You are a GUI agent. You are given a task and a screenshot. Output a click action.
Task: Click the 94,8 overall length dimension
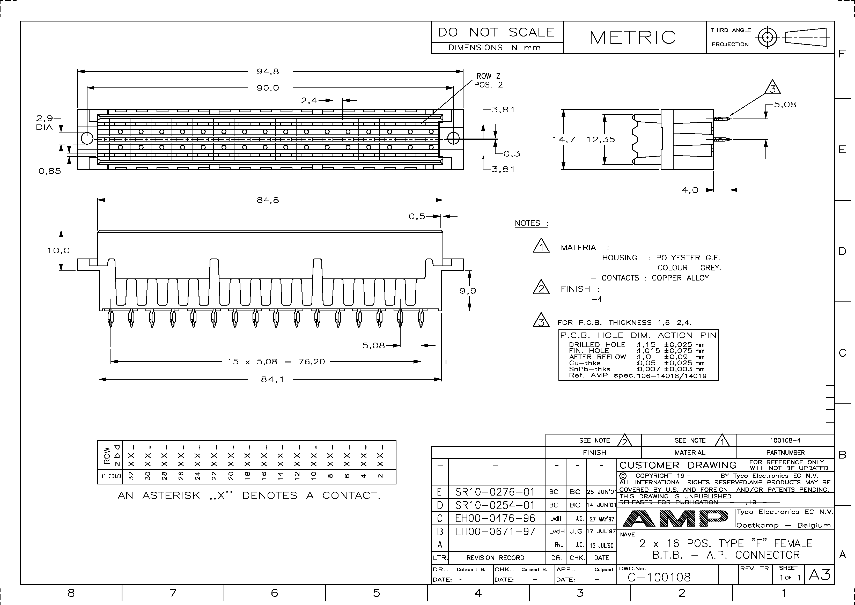pos(268,71)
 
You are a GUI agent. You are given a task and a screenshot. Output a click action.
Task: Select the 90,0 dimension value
pos(268,88)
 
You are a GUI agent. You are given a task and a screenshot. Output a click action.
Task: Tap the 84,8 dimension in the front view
pos(268,200)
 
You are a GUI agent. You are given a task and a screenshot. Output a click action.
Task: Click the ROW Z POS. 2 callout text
pos(488,80)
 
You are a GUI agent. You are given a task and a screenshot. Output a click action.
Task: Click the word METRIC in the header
pos(632,37)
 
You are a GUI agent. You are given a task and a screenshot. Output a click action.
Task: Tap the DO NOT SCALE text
pos(496,32)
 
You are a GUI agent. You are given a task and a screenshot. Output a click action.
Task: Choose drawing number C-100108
pos(659,577)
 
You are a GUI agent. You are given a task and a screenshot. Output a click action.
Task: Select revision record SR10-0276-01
pos(495,492)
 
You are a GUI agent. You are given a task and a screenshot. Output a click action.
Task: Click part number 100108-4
pos(785,440)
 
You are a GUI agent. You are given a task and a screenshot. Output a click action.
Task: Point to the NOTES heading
pos(531,223)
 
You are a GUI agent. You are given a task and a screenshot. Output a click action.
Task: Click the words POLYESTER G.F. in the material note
pos(688,258)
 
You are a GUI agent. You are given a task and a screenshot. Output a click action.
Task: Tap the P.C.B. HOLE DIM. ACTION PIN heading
pos(638,335)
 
